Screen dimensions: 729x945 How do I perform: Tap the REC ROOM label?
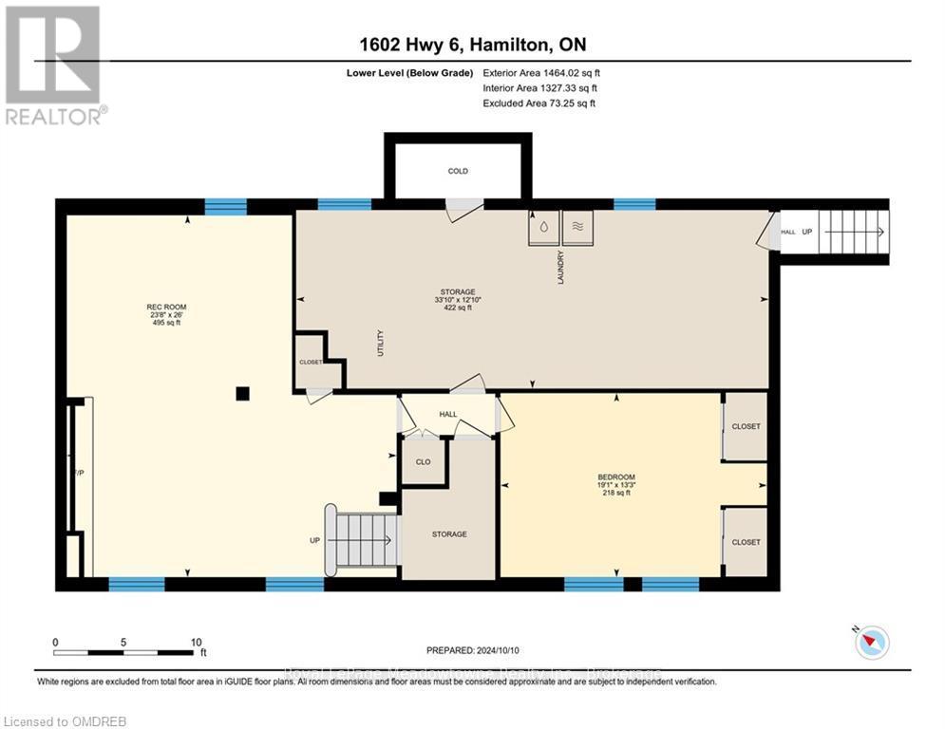(166, 307)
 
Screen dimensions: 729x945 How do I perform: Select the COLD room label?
(458, 172)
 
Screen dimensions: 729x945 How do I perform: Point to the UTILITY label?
(380, 342)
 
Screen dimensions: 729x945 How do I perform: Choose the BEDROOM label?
(615, 477)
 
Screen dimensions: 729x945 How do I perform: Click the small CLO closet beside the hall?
(423, 462)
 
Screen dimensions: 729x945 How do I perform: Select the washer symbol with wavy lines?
(577, 227)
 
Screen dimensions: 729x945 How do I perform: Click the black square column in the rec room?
(243, 393)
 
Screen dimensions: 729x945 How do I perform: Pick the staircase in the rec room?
(361, 540)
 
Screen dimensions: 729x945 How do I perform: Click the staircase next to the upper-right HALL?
(853, 232)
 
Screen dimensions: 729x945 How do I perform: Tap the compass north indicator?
(870, 643)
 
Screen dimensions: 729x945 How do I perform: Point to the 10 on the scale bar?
(195, 642)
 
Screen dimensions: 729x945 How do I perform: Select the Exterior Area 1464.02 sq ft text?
(541, 72)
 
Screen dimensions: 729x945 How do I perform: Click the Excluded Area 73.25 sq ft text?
(539, 103)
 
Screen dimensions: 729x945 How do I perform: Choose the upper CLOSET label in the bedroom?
(746, 427)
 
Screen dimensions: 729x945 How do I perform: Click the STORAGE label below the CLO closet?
(448, 534)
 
